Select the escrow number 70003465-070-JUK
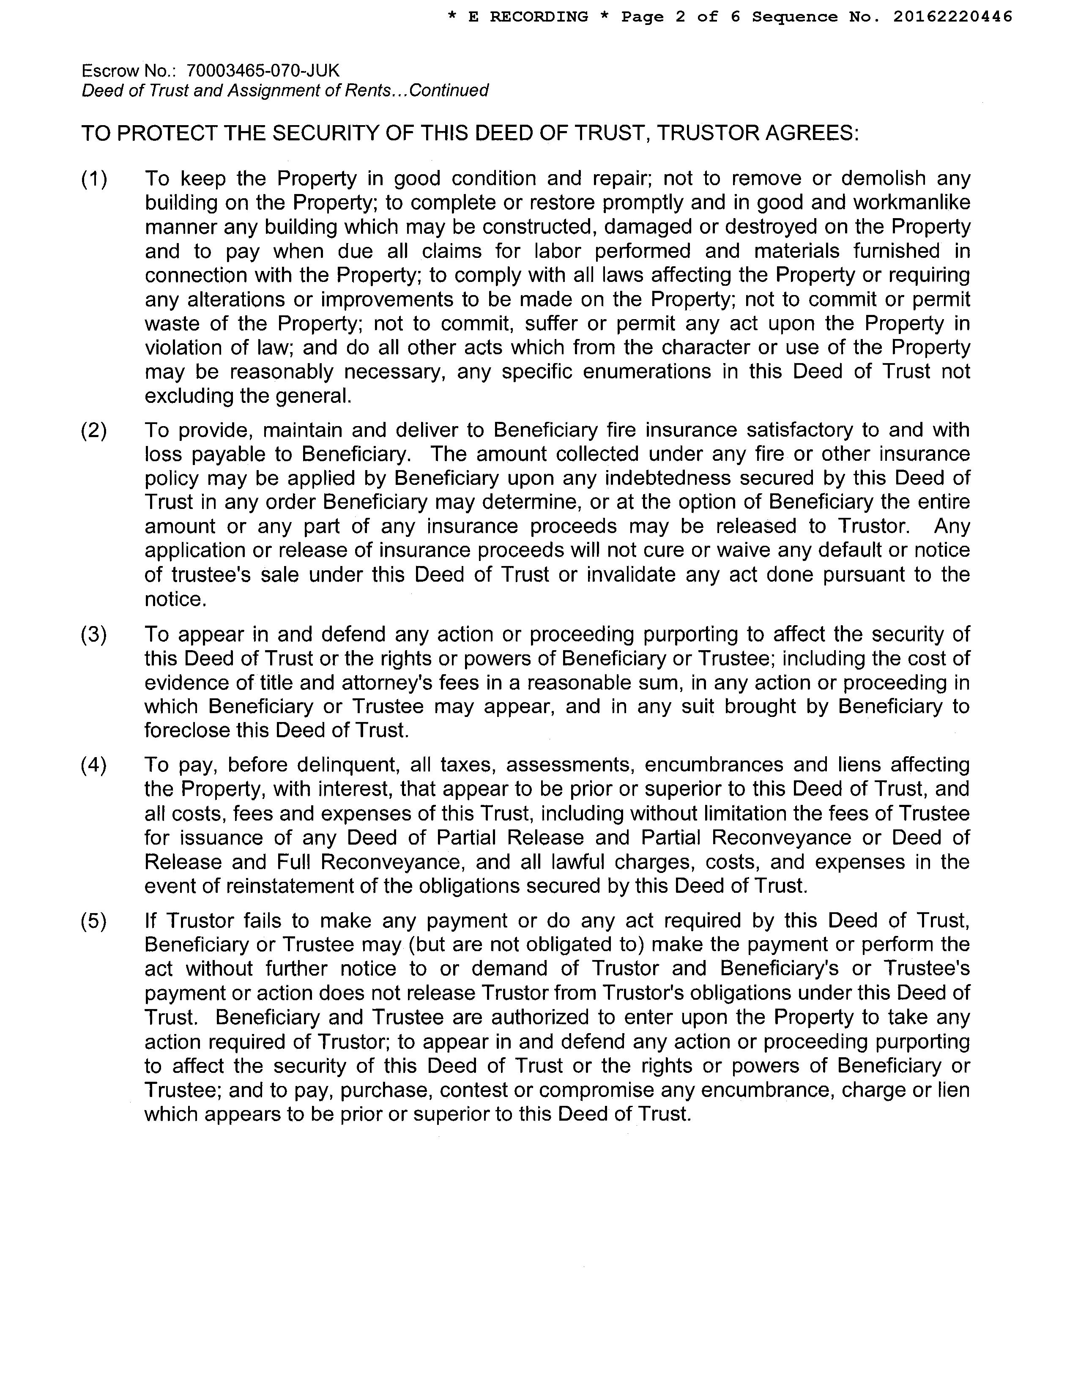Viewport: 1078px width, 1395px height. (263, 70)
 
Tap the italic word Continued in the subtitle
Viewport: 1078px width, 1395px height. (448, 90)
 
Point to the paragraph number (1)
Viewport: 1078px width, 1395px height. (94, 179)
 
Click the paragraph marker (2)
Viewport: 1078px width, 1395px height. (94, 430)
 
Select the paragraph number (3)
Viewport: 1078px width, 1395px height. (94, 634)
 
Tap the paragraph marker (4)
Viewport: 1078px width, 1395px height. (94, 765)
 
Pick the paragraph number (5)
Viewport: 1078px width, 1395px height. (94, 920)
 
